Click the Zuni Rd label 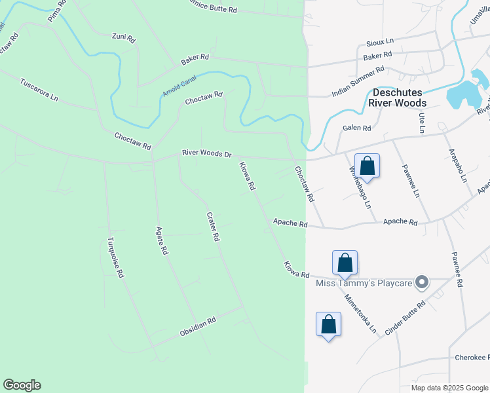123,37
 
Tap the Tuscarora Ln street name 39,90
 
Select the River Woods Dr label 207,155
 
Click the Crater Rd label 212,227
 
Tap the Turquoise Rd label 116,257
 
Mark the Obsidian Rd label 198,328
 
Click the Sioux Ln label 381,41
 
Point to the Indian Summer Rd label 358,81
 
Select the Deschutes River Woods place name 397,98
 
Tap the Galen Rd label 356,128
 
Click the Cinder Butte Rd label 405,318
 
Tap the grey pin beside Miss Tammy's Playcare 423,283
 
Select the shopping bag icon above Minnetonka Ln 345,263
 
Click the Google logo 22,385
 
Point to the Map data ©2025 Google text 449,388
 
